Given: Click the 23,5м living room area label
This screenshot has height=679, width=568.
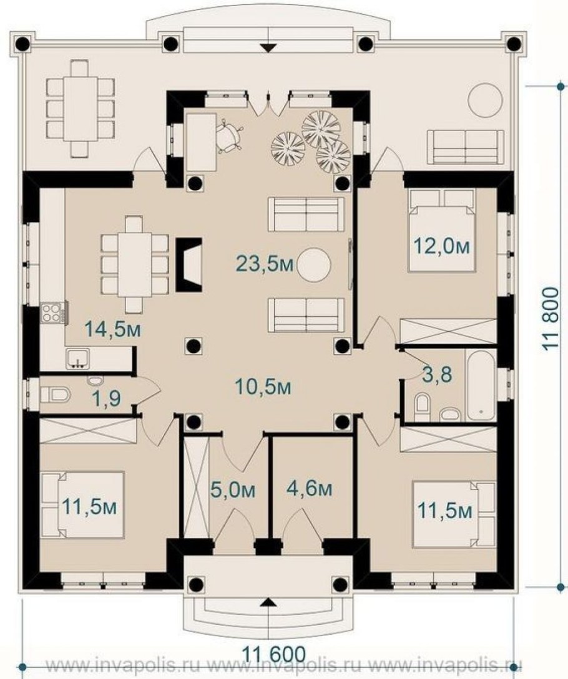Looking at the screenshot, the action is click(265, 263).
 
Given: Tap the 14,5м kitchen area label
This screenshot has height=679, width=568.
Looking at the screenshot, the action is click(113, 329).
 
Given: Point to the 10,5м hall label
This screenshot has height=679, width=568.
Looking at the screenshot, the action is click(263, 386).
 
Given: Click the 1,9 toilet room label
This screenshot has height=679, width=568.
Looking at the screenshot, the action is click(107, 398).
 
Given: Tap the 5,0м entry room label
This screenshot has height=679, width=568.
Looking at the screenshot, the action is click(232, 490).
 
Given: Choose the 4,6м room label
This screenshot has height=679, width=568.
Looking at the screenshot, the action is click(309, 488).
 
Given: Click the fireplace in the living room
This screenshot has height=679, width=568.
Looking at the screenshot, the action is click(189, 264).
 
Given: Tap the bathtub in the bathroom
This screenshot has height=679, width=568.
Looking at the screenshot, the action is click(481, 385).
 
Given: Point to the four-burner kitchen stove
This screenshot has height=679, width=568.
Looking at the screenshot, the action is click(52, 312).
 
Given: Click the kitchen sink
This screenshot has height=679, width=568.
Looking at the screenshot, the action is click(77, 359).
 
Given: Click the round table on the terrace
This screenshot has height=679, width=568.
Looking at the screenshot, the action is click(485, 100).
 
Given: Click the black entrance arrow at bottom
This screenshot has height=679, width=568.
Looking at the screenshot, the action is click(269, 601).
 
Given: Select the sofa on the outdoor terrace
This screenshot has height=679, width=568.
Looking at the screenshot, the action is click(466, 147).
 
